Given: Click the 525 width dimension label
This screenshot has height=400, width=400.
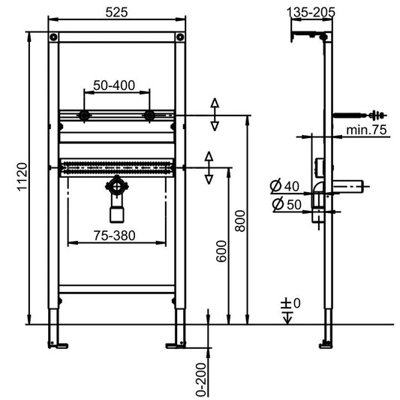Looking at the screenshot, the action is pos(116,12).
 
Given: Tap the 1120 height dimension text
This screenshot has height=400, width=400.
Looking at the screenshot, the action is pos(23,176).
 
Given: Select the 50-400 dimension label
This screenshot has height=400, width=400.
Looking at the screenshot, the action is pos(114,86).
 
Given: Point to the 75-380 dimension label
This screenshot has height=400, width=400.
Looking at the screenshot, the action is pos(115,236).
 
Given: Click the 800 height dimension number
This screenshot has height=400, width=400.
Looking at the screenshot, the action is pos(240,221).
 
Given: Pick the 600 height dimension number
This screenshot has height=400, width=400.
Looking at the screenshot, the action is pos(221,251).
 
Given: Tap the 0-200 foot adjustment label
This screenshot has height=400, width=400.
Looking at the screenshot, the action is pos(201,380).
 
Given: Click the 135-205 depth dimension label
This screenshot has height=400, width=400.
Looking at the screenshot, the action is pos(311,12).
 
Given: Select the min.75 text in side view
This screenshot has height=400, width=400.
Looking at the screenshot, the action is pos(366,130).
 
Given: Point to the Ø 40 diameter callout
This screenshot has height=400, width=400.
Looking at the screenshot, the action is pos(284,186).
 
